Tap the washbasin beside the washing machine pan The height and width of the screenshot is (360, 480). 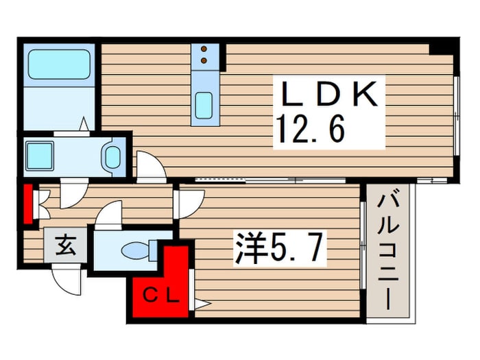[x=111, y=157]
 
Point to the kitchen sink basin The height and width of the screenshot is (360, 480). [x=204, y=106]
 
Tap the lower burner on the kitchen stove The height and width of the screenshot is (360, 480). [x=204, y=60]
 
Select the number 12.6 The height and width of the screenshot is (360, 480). [x=310, y=128]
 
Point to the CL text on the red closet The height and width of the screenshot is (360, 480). [x=162, y=296]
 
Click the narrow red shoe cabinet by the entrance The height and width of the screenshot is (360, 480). [x=28, y=203]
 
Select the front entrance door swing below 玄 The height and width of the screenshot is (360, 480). [x=67, y=278]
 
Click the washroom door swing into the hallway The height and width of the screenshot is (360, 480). [x=73, y=194]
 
